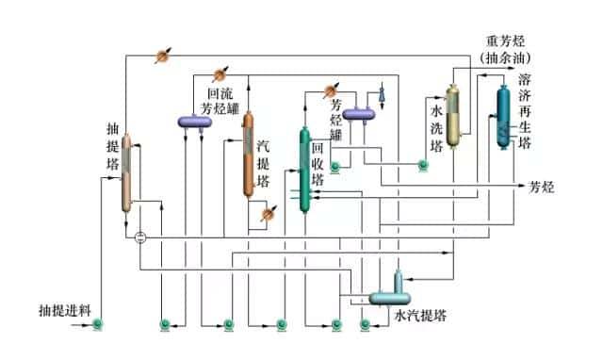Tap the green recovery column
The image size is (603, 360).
tap(304, 170)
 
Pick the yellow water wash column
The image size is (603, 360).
tap(453, 116)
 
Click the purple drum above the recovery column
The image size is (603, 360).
tap(359, 115)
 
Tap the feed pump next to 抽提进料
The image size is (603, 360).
tap(98, 326)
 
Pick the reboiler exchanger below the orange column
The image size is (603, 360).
tap(267, 214)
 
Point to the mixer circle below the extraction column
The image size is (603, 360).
tap(140, 236)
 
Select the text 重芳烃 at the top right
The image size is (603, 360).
tap(506, 41)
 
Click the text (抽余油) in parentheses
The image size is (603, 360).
tap(506, 58)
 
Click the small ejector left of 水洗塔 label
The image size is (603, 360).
tap(383, 94)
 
